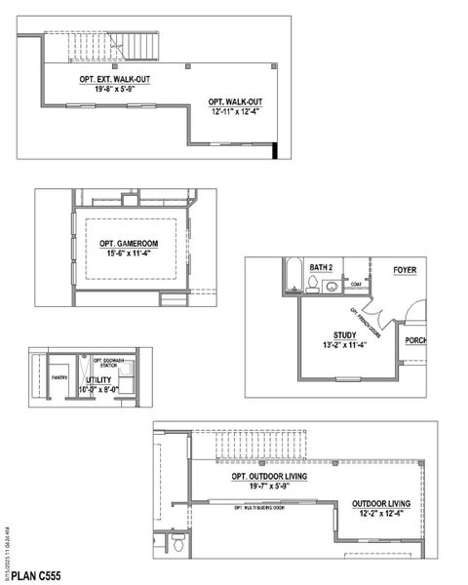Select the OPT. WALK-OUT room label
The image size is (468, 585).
(x=235, y=102)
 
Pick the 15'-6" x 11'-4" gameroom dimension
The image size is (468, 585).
(x=130, y=254)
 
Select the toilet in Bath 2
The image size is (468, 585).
(x=311, y=285)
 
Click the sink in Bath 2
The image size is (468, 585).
(x=331, y=287)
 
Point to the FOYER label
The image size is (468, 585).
(x=405, y=268)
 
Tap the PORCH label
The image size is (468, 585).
(x=416, y=340)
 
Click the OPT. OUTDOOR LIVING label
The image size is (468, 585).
(x=270, y=476)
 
